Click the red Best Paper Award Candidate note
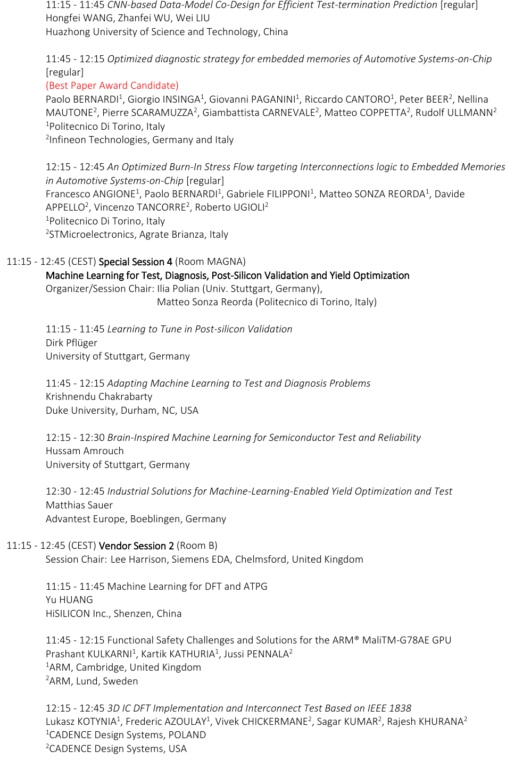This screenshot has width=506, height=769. (112, 86)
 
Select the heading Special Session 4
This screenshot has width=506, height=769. (135, 262)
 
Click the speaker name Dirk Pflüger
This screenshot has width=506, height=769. (71, 343)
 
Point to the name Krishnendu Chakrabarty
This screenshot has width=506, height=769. (99, 397)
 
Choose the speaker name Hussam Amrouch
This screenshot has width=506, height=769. (85, 451)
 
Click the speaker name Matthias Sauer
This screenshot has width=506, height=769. (79, 505)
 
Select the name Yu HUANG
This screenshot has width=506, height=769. (69, 600)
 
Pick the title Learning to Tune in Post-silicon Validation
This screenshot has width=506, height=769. (200, 329)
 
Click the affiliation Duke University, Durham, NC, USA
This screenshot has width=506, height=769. (122, 411)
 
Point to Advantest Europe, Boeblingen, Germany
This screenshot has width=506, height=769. (136, 519)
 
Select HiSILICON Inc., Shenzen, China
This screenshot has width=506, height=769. (113, 614)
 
